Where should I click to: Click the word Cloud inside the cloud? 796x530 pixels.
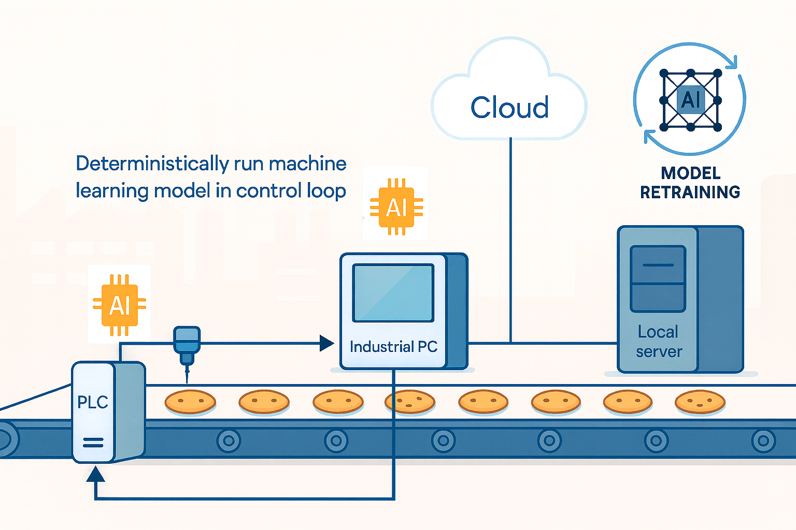(x=509, y=108)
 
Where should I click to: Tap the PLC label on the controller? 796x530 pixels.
(x=92, y=402)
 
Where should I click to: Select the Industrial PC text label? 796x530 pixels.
(x=393, y=346)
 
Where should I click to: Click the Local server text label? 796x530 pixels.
(x=658, y=342)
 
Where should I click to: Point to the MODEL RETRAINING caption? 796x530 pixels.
(x=690, y=183)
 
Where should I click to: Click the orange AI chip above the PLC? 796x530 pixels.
(x=120, y=305)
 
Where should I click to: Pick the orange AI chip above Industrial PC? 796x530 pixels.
(x=396, y=208)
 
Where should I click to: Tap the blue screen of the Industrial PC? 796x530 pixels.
(x=393, y=293)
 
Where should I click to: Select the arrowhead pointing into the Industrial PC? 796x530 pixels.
(x=326, y=343)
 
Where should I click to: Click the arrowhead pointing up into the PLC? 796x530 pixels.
(x=95, y=474)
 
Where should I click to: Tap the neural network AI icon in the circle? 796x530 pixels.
(x=690, y=99)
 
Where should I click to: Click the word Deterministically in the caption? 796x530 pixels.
(x=151, y=164)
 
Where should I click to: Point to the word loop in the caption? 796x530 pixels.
(x=326, y=191)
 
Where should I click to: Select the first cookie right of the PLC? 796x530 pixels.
(x=190, y=402)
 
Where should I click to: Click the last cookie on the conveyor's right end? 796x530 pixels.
(x=700, y=402)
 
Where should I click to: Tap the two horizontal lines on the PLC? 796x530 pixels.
(x=93, y=443)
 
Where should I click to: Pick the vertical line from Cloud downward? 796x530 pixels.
(x=510, y=238)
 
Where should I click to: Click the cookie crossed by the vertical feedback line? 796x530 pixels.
(x=409, y=402)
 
